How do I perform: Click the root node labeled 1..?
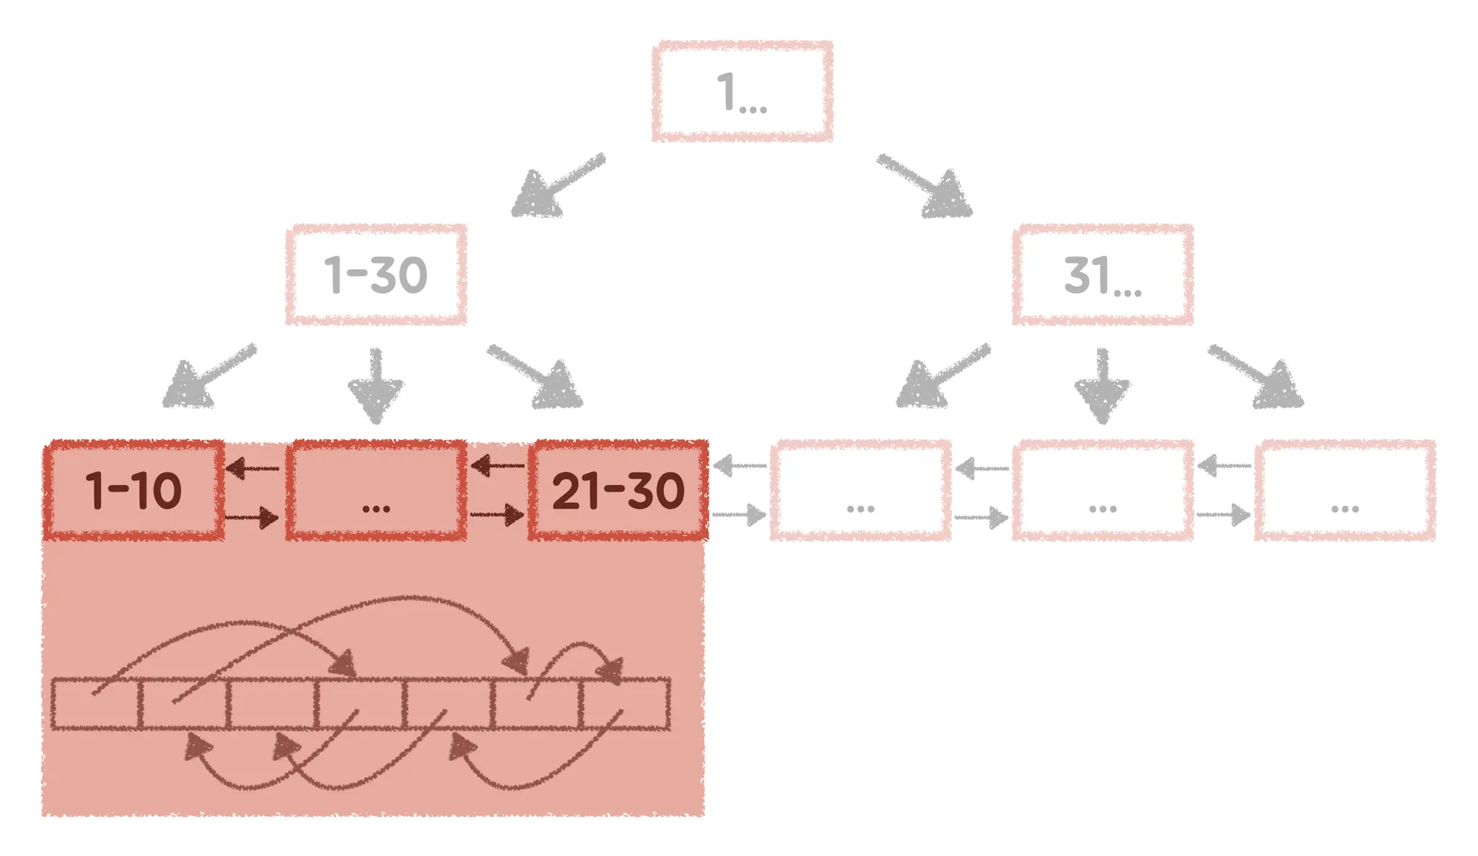coord(742,91)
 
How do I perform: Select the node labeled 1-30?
coord(376,274)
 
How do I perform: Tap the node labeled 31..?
coord(1102,274)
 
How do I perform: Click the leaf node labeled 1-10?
coord(134,490)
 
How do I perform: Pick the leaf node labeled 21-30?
coord(618,490)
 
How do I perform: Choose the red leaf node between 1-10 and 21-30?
coord(376,490)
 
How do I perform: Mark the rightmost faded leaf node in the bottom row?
coord(1344,490)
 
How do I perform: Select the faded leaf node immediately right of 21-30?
coord(860,490)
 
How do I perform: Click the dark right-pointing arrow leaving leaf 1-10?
coord(252,517)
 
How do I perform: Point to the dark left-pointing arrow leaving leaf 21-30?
coord(498,466)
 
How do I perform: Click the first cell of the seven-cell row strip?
coord(95,704)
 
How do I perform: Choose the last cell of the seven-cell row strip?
coord(626,704)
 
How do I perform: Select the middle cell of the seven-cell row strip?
coord(360,704)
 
